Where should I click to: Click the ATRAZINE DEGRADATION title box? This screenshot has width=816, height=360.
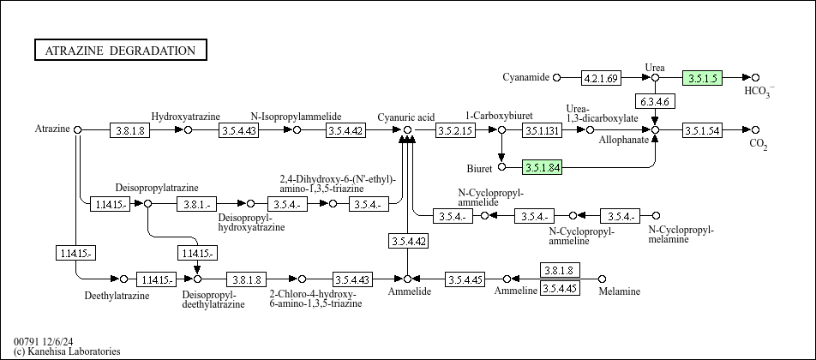(121, 50)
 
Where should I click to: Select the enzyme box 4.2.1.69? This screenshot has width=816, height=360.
(601, 78)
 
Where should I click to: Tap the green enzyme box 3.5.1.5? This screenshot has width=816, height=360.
(703, 78)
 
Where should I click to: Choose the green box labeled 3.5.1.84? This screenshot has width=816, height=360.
(542, 167)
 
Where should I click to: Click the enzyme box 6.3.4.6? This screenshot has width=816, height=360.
(655, 101)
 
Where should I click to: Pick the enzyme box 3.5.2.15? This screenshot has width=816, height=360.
(455, 130)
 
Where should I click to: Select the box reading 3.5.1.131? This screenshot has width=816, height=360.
(543, 130)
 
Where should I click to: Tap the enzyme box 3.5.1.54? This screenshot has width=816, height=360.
(703, 130)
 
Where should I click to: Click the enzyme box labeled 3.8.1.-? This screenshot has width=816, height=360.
(197, 204)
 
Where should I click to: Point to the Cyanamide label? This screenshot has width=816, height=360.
(525, 77)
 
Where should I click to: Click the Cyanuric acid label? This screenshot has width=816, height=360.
(406, 117)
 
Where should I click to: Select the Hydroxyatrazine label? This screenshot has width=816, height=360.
(186, 116)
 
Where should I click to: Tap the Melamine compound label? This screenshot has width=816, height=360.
(619, 291)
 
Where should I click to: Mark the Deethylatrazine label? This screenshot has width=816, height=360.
(117, 296)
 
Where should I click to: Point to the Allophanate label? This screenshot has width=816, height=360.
(623, 140)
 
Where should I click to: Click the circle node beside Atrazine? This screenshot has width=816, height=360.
(77, 129)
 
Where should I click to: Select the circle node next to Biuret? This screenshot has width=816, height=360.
(501, 167)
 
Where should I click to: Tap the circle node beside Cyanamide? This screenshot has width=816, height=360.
(557, 78)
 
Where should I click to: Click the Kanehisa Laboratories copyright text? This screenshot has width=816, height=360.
(67, 351)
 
